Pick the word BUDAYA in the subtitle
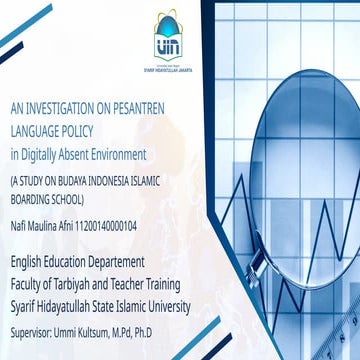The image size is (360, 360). [85, 182]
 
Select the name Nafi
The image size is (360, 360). [18, 226]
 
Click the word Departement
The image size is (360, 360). [121, 258]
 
